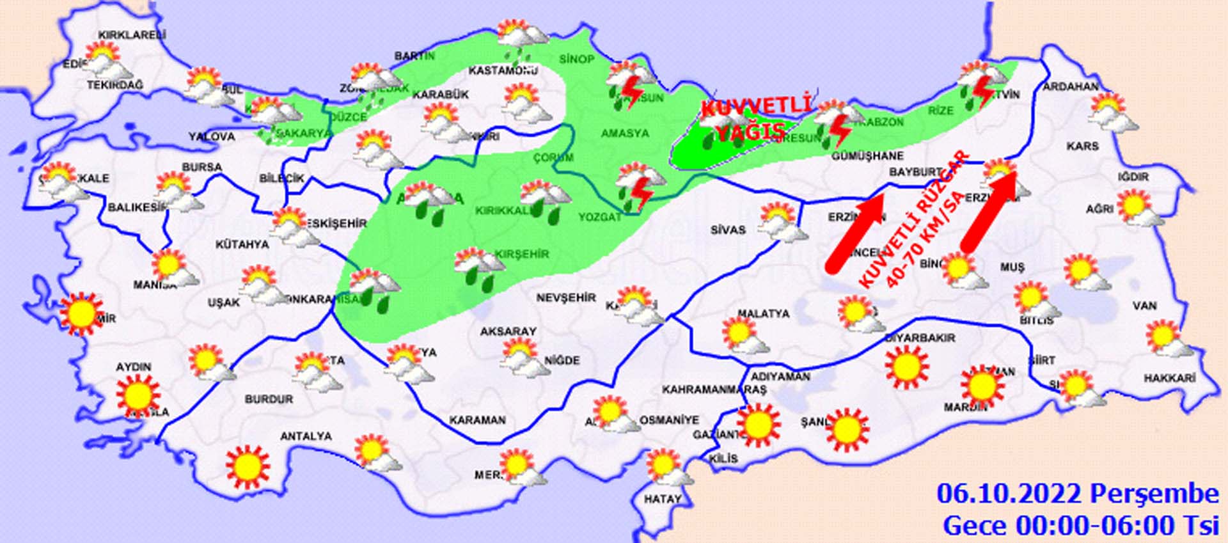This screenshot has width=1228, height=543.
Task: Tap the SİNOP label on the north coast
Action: click(x=576, y=59)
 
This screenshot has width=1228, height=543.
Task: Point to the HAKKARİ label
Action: click(x=1169, y=379)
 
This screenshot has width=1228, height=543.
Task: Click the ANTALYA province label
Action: click(x=306, y=436)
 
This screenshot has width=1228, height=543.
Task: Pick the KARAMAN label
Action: click(x=477, y=420)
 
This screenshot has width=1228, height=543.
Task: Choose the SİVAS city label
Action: click(x=728, y=230)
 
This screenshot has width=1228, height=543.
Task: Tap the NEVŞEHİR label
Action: click(x=565, y=297)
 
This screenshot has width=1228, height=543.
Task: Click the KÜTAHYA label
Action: click(x=242, y=244)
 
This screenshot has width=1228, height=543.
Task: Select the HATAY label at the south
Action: click(x=662, y=499)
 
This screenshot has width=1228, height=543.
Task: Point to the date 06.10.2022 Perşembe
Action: click(x=1078, y=494)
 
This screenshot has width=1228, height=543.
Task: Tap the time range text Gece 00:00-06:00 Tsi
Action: click(x=1080, y=525)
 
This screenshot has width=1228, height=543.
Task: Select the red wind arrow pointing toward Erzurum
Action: click(x=988, y=211)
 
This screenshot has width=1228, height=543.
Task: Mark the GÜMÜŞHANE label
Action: click(x=867, y=155)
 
